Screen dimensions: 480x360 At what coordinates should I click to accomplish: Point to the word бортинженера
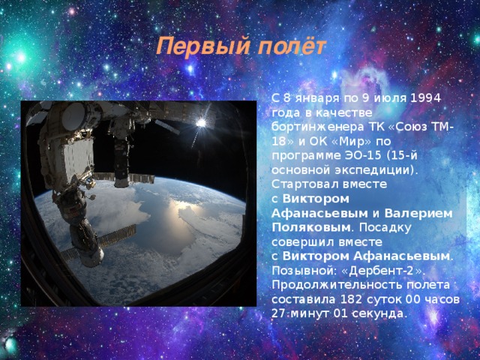point(317,127)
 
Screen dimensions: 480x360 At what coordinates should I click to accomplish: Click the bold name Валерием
point(418,213)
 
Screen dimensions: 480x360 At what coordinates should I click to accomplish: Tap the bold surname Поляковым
point(311,228)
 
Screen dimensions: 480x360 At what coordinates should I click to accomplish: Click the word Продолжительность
point(337,285)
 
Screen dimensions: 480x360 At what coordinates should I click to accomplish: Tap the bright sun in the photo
point(201,123)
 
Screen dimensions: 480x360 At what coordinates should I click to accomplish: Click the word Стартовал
point(305,184)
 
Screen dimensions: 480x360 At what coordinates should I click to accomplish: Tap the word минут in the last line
point(310,314)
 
